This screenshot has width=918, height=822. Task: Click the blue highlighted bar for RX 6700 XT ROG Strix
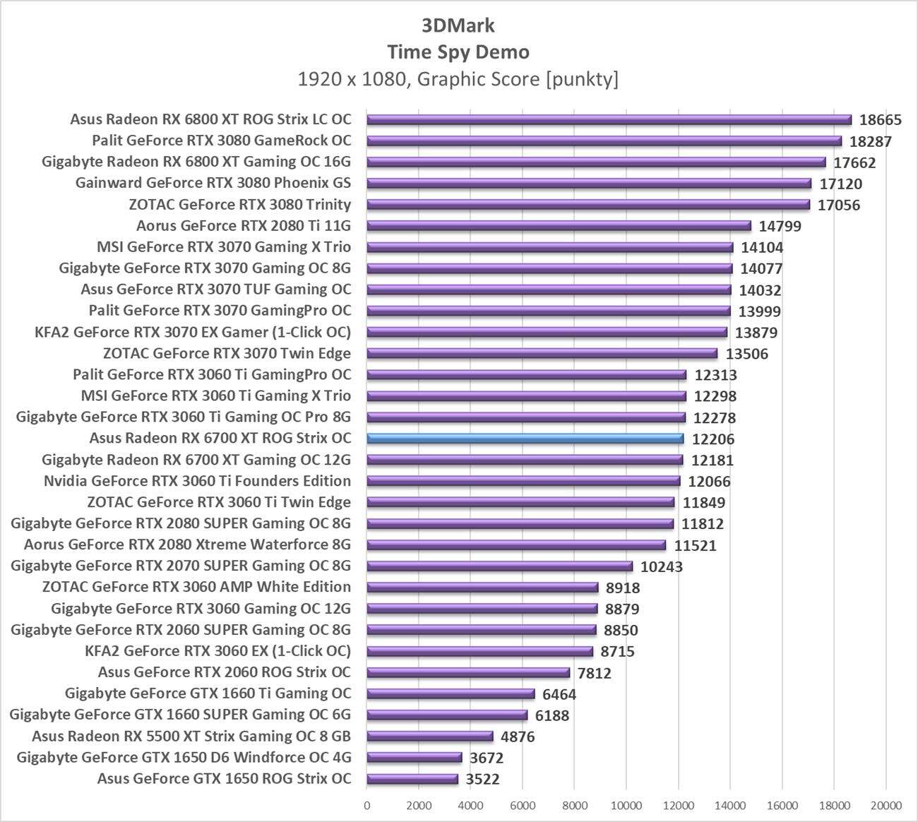(525, 439)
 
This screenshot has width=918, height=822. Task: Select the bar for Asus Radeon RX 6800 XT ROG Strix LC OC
(609, 119)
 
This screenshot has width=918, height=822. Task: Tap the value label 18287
(870, 141)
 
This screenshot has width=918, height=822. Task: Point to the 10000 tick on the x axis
(626, 806)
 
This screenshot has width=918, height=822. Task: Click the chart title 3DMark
(458, 25)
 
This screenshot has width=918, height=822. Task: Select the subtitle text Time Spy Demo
(458, 52)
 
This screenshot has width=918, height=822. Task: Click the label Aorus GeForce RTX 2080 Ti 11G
(244, 226)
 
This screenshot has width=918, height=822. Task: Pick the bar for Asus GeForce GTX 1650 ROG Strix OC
(412, 779)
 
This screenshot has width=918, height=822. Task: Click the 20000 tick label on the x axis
(886, 806)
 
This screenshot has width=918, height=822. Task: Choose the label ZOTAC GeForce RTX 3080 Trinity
(240, 205)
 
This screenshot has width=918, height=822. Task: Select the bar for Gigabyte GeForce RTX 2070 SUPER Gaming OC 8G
(500, 566)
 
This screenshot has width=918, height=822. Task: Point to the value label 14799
(780, 227)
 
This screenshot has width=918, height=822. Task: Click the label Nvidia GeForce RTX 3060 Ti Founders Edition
(197, 481)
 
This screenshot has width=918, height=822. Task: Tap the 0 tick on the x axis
(366, 806)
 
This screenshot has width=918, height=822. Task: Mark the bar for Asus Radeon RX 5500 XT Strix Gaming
(430, 737)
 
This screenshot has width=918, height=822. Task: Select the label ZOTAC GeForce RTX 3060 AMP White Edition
(196, 587)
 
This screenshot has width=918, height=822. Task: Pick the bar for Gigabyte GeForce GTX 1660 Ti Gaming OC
(451, 694)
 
